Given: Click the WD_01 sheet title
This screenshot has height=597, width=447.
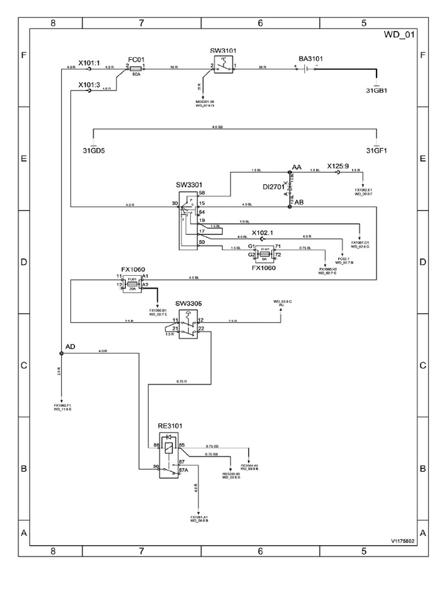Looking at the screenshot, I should coord(399,35).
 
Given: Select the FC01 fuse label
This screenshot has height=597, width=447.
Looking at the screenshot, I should coord(136,59).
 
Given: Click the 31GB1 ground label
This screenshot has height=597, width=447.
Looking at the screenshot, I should coord(376,90).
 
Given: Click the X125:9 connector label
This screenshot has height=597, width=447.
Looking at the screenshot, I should coord(338,166).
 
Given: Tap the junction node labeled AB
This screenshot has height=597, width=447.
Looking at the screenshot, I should coord(289,205).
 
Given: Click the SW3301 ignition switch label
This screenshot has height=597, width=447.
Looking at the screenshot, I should coord(189,185).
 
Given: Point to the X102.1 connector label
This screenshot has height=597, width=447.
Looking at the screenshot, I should coord(262,232).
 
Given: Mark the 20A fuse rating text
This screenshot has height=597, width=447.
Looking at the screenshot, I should coord(134,289).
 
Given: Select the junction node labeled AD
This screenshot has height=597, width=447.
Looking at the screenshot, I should coord(61,353).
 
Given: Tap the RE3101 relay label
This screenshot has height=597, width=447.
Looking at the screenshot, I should coord(171,426).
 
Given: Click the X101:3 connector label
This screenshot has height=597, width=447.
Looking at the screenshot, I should coord(89,84).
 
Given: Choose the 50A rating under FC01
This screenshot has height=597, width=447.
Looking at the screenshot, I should coord(137,76).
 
